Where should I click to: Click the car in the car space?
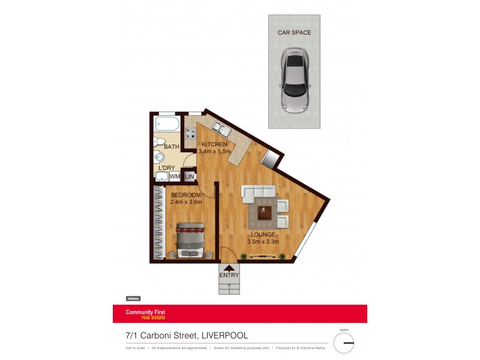294,82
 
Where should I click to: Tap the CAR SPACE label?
294,33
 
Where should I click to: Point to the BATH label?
172,147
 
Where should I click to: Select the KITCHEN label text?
214,145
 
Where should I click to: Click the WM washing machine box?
175,176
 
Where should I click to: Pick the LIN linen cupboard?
190,176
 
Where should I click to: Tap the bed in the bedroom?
190,240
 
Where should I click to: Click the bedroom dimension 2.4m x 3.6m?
186,202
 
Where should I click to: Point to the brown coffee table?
265,212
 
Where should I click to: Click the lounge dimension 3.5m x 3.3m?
263,242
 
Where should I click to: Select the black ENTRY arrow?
229,268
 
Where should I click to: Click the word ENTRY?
229,275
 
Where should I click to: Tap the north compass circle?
344,343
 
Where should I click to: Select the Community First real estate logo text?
145,314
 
